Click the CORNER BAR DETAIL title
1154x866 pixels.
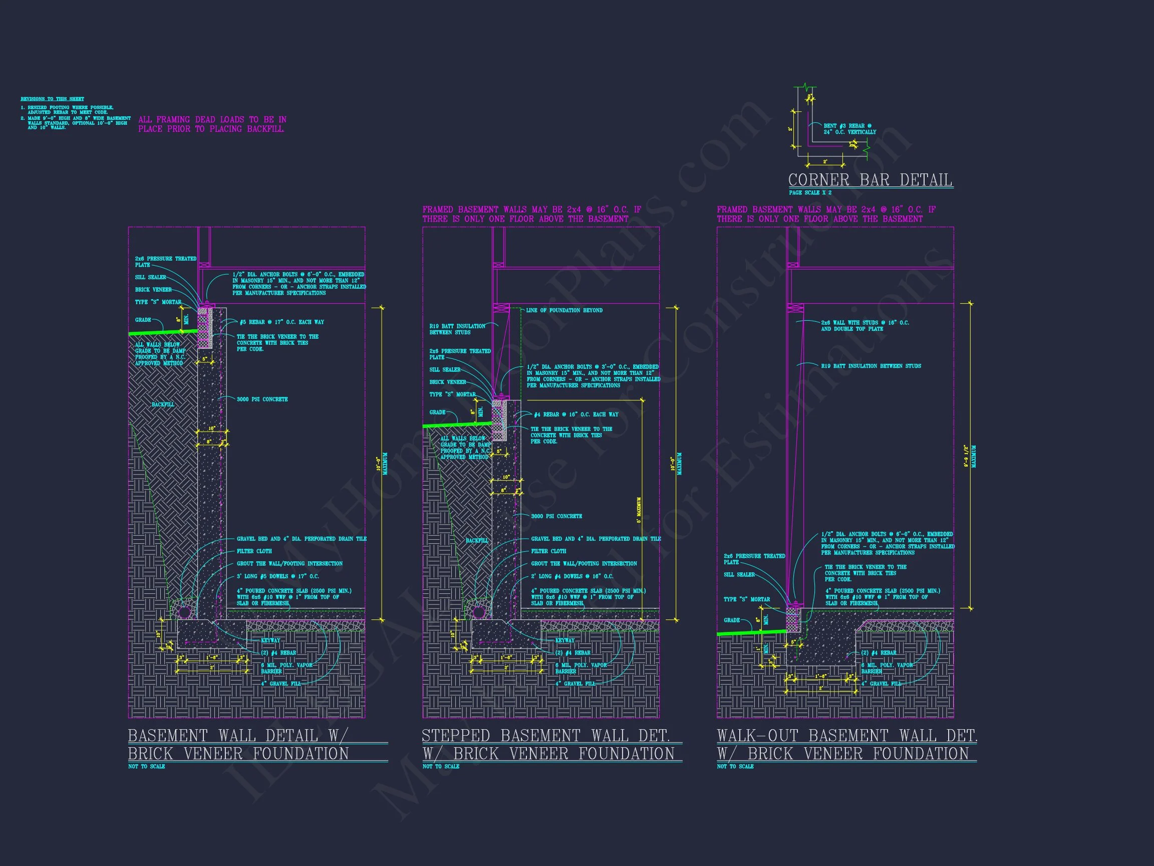tap(870, 180)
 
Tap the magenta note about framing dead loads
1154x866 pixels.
tap(212, 124)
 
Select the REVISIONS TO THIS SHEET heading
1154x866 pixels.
tap(52, 99)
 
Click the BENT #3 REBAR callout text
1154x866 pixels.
tap(849, 129)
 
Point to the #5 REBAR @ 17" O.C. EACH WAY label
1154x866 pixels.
tap(281, 322)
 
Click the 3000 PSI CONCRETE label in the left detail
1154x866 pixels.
tap(262, 399)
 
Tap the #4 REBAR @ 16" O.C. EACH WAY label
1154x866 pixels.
tap(576, 414)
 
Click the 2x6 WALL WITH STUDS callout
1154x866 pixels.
tap(864, 326)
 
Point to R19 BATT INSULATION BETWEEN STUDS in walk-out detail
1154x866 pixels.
tap(871, 366)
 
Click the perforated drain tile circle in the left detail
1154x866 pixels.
tap(183, 610)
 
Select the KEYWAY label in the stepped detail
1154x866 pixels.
tap(564, 640)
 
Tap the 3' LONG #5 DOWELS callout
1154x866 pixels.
tap(277, 576)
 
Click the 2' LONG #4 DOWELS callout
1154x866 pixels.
tap(572, 576)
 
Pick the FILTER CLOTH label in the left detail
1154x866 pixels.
tap(254, 551)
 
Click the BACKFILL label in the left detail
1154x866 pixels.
tap(163, 404)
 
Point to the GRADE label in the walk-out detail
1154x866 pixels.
tap(731, 620)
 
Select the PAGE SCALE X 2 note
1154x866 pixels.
tap(810, 192)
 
